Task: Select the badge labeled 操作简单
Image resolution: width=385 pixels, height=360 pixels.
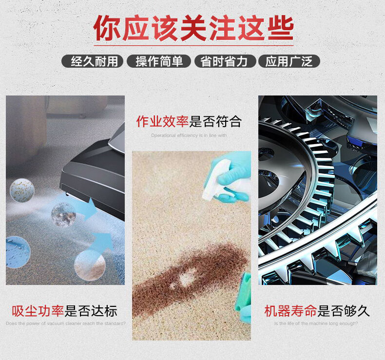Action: pyautogui.click(x=159, y=61)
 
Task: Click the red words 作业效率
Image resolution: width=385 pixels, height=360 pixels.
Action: pyautogui.click(x=163, y=121)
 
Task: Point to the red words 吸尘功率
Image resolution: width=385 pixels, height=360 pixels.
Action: pyautogui.click(x=38, y=311)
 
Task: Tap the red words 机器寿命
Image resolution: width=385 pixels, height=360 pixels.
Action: pyautogui.click(x=290, y=311)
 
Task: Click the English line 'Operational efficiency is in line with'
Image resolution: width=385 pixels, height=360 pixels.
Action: pyautogui.click(x=189, y=135)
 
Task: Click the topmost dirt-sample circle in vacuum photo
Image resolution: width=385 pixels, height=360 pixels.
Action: pyautogui.click(x=22, y=190)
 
